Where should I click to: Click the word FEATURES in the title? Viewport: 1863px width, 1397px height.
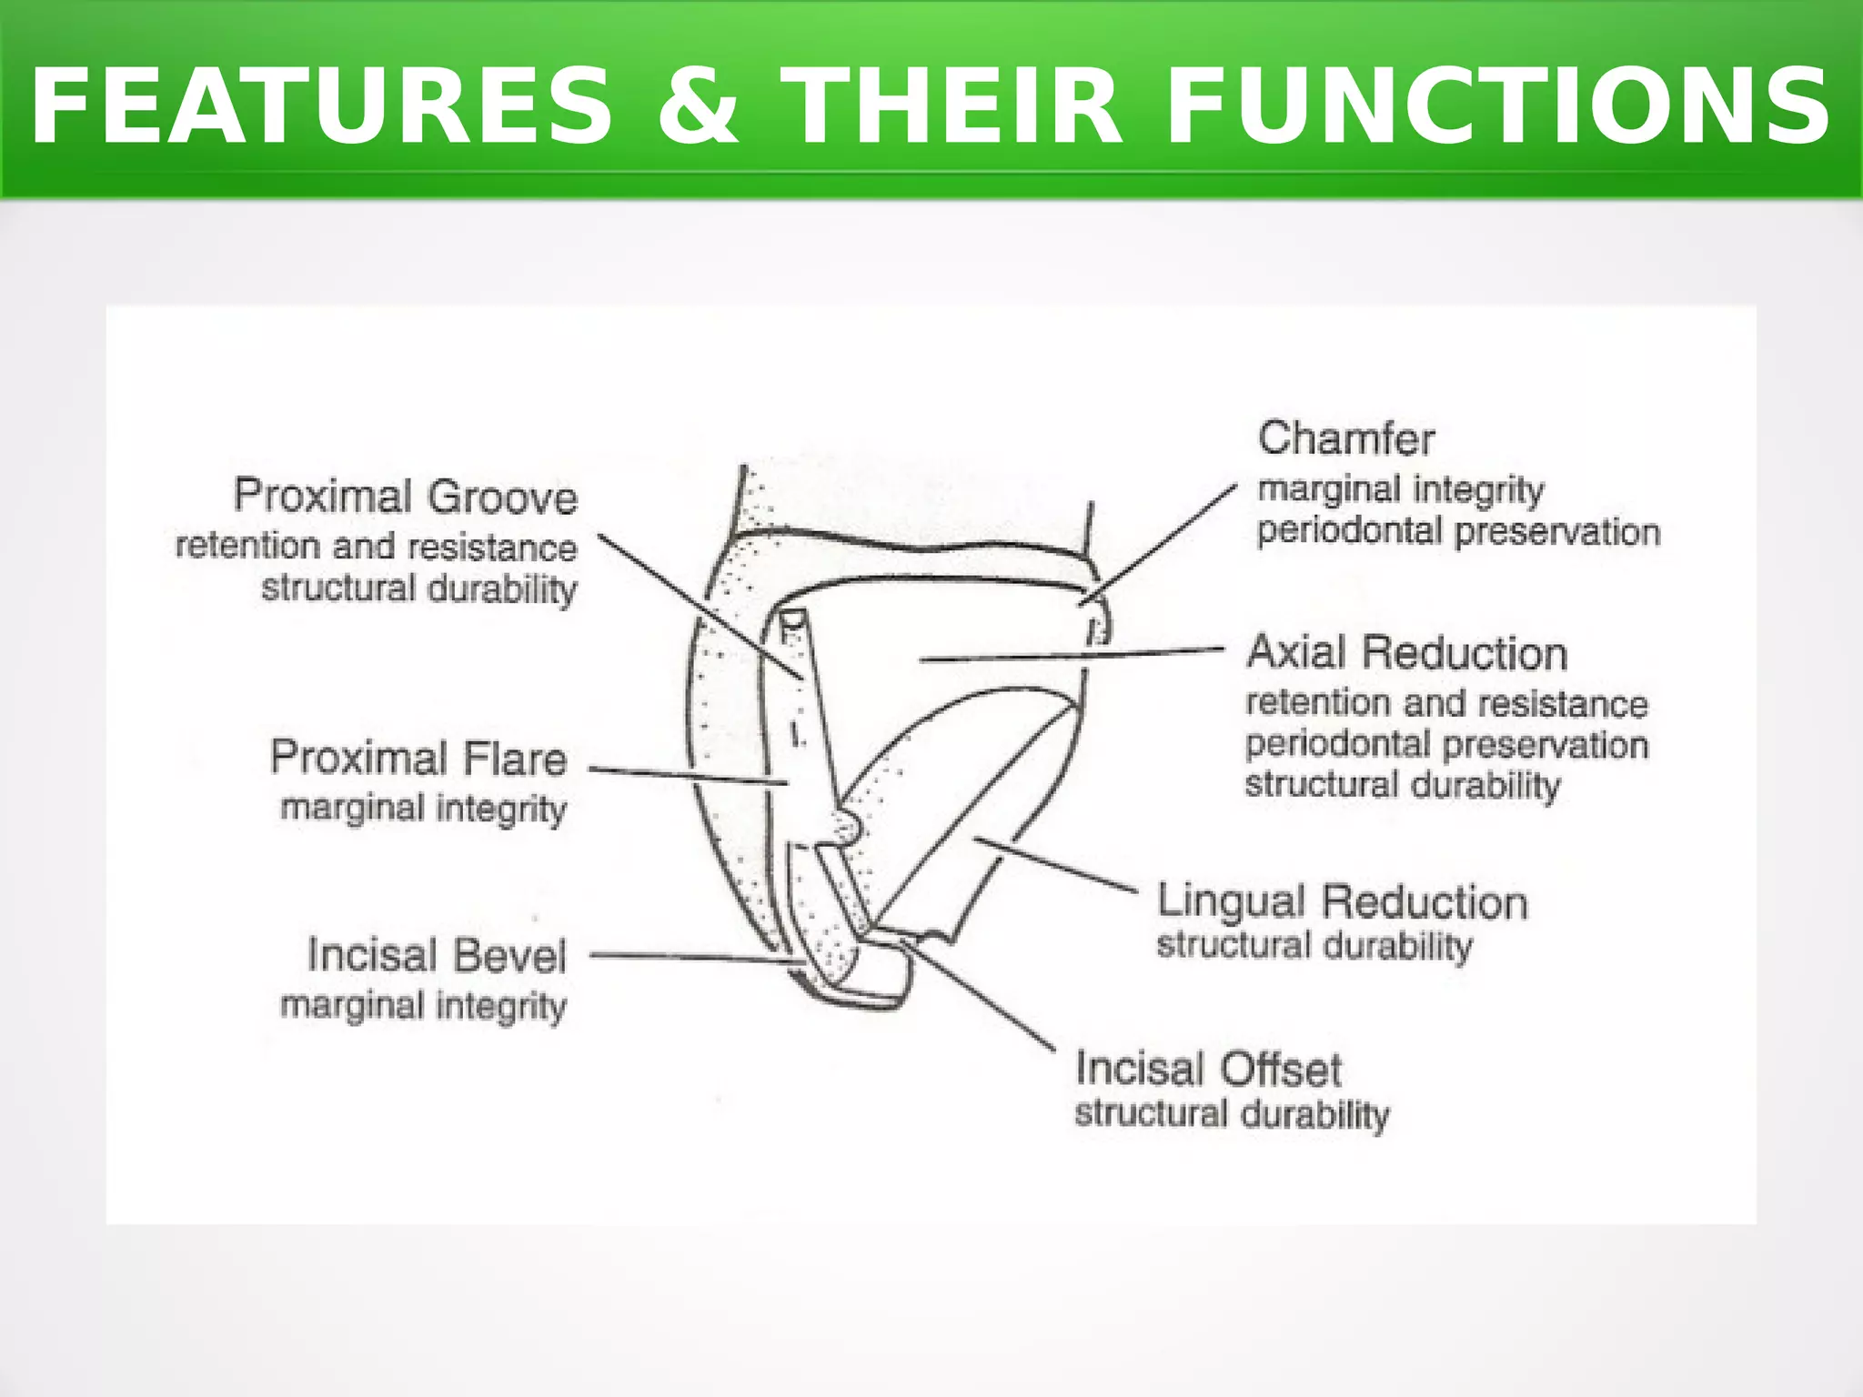[320, 107]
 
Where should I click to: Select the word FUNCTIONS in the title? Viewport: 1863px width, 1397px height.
[1497, 107]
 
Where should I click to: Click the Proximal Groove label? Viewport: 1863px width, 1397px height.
[406, 497]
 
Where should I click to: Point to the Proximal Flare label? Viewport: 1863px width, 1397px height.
[418, 759]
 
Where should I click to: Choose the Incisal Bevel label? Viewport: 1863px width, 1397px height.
[437, 955]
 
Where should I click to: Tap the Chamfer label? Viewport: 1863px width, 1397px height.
[1346, 438]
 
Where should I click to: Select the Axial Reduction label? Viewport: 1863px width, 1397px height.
[1407, 653]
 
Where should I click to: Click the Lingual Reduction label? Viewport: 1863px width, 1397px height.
[1342, 901]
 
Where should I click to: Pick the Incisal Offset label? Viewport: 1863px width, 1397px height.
[1208, 1069]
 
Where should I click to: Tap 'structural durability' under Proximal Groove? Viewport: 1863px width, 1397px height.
[419, 589]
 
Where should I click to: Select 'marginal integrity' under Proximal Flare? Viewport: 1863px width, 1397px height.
[424, 809]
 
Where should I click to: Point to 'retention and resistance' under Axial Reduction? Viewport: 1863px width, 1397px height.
[1446, 703]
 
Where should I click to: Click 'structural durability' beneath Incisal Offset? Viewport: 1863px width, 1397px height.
[1232, 1114]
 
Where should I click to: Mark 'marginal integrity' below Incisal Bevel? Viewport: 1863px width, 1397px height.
[424, 1007]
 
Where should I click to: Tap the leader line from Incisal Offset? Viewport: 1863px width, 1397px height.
[982, 997]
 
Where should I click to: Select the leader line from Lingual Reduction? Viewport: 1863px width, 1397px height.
[1055, 864]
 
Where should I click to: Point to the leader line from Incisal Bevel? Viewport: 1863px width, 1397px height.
[691, 957]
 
